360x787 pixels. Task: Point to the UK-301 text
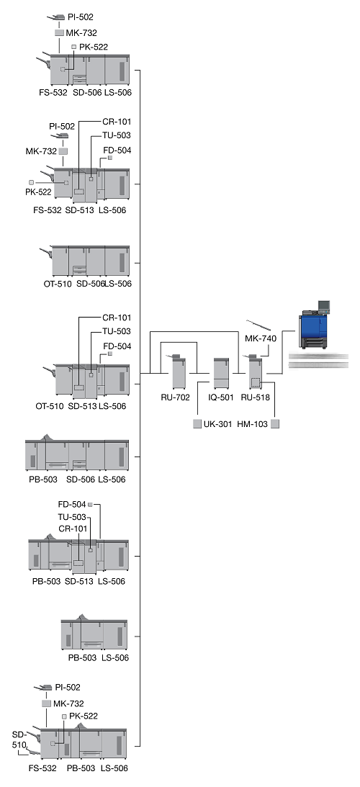click(218, 424)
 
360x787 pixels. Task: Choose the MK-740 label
click(261, 339)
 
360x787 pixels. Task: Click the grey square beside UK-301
click(197, 424)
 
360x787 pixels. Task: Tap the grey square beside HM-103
click(275, 424)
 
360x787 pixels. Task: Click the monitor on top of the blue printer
click(324, 305)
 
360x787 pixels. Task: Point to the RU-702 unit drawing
click(179, 372)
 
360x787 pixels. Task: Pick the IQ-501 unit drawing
click(222, 374)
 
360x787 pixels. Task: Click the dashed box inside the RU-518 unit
click(256, 383)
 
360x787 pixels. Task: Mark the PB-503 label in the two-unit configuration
click(83, 657)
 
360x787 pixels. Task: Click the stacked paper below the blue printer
click(319, 359)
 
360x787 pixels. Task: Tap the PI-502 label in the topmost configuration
click(81, 17)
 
